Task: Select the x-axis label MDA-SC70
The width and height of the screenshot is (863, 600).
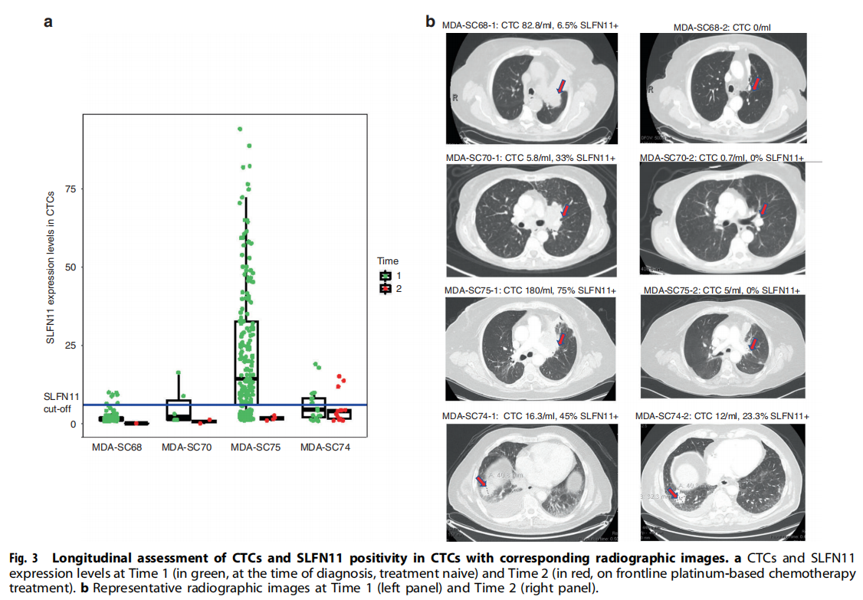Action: coord(188,448)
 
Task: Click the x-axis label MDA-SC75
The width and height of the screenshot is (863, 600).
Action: coord(256,448)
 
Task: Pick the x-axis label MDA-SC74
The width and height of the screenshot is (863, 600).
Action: coord(325,448)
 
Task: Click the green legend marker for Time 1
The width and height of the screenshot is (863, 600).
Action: coord(386,274)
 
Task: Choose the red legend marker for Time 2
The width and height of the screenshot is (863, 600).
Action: coord(386,288)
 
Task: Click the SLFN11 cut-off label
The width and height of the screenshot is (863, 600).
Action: coord(61,402)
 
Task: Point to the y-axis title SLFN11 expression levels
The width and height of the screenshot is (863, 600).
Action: coord(50,267)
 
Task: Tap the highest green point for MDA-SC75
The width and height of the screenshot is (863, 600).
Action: coord(240,130)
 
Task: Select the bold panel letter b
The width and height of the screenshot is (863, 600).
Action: coord(431,21)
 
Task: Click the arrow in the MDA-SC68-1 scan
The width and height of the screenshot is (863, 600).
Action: coord(562,86)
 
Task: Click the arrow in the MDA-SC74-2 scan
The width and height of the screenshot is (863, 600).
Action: coord(671,493)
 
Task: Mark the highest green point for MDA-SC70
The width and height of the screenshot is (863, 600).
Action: coord(179,372)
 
